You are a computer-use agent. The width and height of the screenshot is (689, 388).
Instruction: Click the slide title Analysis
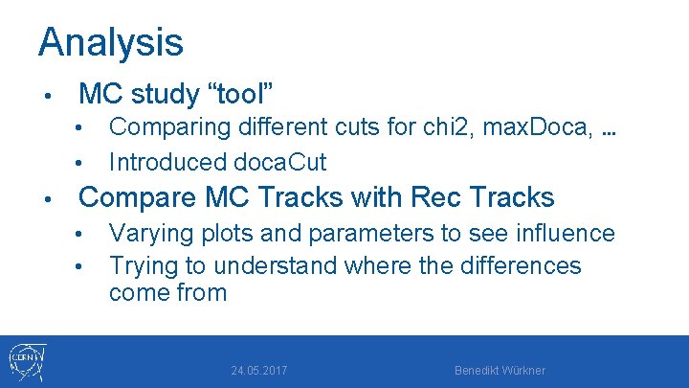click(x=110, y=42)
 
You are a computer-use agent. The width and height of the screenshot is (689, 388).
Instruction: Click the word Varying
click(x=146, y=233)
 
